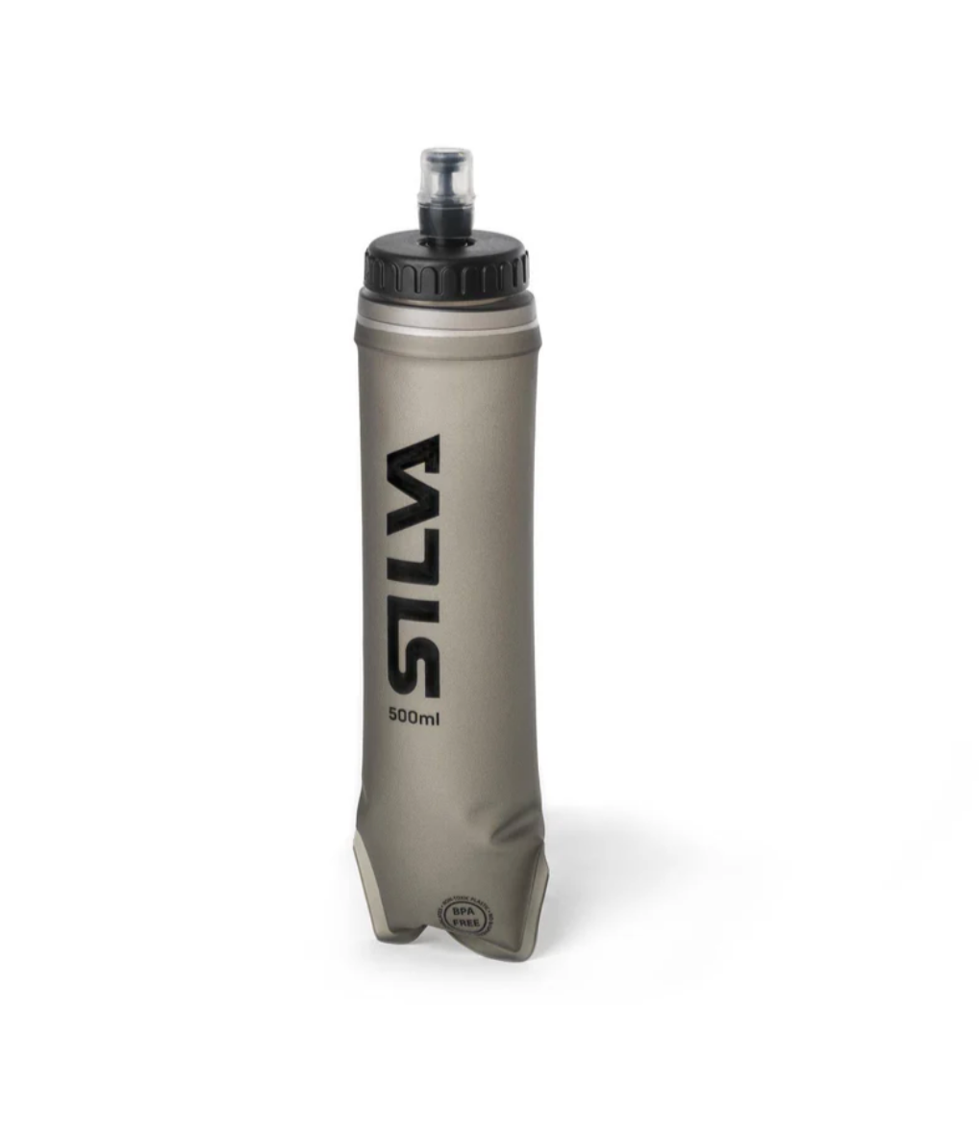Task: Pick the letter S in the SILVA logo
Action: pos(414,665)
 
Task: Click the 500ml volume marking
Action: pos(414,716)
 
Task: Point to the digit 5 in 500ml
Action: pos(392,716)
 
